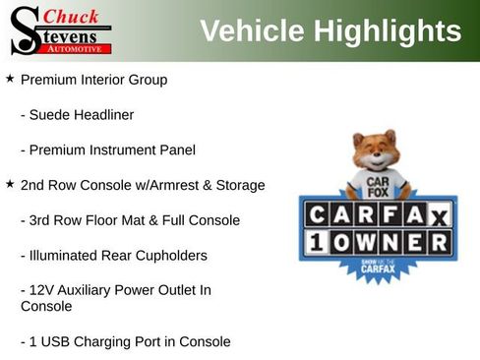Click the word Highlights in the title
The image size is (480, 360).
[x=388, y=31]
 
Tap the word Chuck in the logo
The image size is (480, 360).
[x=71, y=17]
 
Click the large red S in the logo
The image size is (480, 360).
[x=24, y=30]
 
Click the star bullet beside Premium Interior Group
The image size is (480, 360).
[x=10, y=78]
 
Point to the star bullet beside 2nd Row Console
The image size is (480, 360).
[x=10, y=184]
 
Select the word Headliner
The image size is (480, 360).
[x=102, y=115]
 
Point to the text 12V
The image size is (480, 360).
[x=44, y=290]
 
